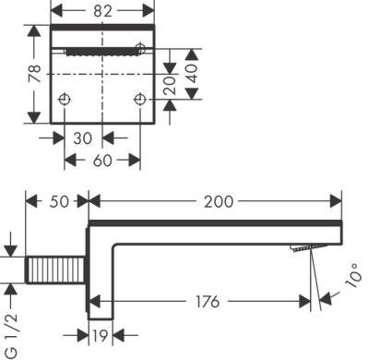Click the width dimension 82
coord(101,12)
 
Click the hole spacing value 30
coord(83,138)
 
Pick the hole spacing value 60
coord(101,160)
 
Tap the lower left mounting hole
coord(65,99)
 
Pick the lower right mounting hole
coord(140,99)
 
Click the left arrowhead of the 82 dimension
coord(53,12)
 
